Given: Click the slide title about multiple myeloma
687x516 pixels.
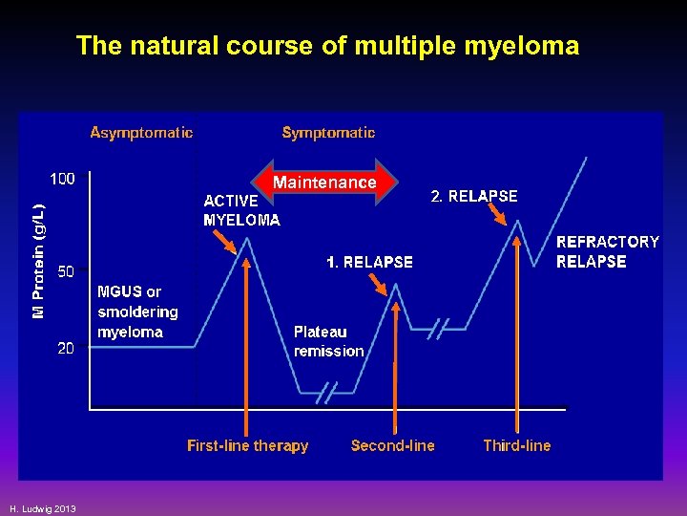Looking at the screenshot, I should (327, 46).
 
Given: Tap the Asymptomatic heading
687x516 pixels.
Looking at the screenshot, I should (141, 133).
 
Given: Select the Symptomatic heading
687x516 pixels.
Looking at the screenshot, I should (328, 133).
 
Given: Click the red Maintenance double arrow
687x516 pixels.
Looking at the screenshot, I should (324, 182).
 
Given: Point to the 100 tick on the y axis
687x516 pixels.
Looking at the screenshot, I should (63, 179).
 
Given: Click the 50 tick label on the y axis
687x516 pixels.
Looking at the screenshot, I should (66, 271).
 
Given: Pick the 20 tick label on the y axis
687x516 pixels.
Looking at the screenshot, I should (66, 349).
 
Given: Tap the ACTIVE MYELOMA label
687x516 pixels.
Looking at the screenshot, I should (241, 210).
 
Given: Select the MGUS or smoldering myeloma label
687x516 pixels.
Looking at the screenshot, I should (137, 312).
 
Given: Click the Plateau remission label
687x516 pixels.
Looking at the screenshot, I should (328, 341).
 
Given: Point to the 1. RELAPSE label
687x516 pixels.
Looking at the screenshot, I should (369, 262).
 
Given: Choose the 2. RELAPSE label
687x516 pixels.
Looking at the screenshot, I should (474, 196).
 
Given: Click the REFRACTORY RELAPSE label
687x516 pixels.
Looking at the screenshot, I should (607, 251).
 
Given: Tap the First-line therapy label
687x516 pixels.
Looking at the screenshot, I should (247, 445).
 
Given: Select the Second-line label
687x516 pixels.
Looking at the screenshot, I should (392, 445).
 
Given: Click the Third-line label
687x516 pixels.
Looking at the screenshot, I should (516, 445).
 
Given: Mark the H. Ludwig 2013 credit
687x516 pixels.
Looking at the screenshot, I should (43, 507).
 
